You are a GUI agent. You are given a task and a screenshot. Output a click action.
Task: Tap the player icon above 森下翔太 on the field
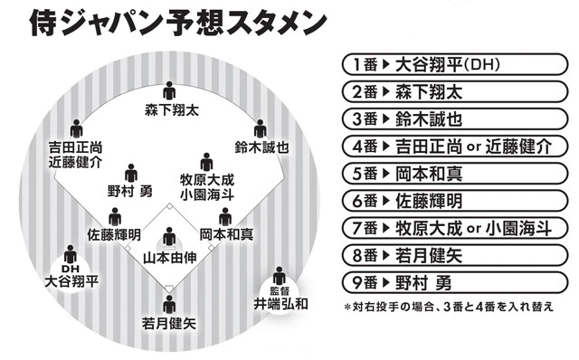point(169,91)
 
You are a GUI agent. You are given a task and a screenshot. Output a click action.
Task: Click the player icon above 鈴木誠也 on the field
point(260,128)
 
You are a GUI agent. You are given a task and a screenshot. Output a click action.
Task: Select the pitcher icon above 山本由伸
point(169,239)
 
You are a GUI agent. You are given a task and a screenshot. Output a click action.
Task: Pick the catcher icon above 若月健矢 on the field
point(169,304)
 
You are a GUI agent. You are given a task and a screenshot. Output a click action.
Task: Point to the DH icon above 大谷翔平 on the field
point(70,256)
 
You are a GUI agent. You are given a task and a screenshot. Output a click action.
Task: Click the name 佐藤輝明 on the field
point(114,234)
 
